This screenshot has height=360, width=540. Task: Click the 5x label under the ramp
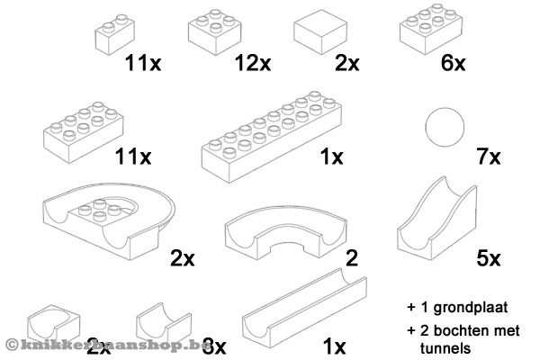[488, 259]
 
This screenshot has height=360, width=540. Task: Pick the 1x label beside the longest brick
[332, 157]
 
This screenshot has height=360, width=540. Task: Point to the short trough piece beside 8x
[162, 321]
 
